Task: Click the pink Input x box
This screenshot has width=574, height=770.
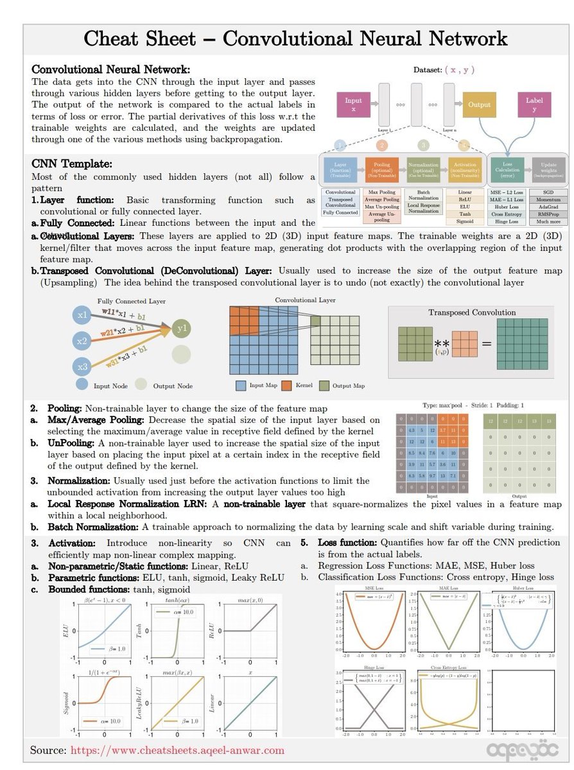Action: coord(354,105)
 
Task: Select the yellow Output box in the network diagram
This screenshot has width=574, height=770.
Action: coord(479,105)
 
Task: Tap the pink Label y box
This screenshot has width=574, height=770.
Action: coord(534,105)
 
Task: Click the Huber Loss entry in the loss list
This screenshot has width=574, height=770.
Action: coord(507,207)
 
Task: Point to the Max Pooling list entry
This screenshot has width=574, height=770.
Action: coord(382,192)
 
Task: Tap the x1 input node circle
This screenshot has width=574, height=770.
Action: coord(82,316)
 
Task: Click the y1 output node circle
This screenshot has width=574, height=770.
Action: coord(181,329)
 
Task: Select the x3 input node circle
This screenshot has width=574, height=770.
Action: coord(82,367)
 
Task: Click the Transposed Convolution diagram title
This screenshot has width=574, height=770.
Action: coord(472,312)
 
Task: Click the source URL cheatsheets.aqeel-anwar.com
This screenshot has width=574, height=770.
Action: coord(177,750)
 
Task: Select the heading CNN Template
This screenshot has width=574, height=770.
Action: coord(72,165)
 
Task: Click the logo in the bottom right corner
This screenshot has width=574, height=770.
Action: coord(516,749)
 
